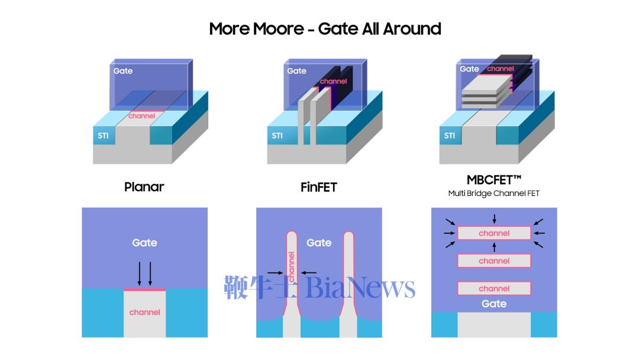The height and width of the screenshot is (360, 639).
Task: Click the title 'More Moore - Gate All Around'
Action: [x=325, y=28]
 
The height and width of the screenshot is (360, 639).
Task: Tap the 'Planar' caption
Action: [x=144, y=187]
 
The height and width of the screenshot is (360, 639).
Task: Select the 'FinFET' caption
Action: [x=318, y=187]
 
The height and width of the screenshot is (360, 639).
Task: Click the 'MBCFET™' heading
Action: [x=493, y=179]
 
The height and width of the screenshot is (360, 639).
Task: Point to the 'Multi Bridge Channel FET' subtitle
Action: [x=493, y=194]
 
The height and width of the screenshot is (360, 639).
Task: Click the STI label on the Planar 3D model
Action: [x=104, y=136]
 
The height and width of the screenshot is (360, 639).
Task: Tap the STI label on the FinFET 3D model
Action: [x=277, y=136]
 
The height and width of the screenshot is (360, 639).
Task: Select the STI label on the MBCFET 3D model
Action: [x=450, y=136]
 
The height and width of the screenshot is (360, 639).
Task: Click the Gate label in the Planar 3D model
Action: [x=123, y=71]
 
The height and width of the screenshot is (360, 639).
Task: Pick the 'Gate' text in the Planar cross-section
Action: [x=144, y=243]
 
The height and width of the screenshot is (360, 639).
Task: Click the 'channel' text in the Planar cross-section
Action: [x=144, y=312]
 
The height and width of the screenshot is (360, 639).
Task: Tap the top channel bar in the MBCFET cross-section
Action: [x=494, y=233]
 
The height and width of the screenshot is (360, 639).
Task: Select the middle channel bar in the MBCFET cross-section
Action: [x=494, y=261]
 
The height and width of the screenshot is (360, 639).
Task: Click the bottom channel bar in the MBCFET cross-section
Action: [x=494, y=289]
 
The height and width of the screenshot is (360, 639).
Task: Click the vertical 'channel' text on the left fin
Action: [x=291, y=267]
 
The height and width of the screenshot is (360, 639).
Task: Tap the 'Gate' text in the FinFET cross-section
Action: [x=319, y=243]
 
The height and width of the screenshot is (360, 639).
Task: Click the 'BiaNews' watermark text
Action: [x=361, y=288]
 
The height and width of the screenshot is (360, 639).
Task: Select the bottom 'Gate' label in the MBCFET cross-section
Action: [x=494, y=304]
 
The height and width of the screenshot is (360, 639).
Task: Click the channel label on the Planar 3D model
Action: [x=142, y=116]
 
